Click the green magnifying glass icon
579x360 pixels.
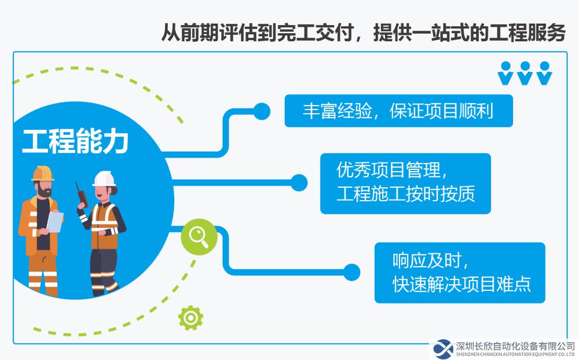coord(199,237)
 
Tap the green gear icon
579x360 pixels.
coord(190,318)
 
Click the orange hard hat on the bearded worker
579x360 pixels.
coord(42,174)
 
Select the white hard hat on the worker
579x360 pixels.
coord(104,179)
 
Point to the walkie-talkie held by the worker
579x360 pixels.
coord(82,195)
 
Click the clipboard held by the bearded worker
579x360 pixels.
coord(55,222)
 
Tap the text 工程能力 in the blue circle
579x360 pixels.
coord(75,141)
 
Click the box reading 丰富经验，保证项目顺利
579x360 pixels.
coord(398,111)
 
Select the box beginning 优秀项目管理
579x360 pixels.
coord(405,183)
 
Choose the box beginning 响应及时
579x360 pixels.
coord(460,273)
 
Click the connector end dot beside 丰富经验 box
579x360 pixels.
coord(262,111)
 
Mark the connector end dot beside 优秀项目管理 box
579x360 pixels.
coord(299,183)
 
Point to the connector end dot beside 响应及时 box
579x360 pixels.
coord(352,273)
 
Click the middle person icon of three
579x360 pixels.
coord(525,73)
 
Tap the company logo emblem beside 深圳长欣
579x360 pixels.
coord(443,349)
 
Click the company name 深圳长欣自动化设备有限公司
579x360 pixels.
coord(515,347)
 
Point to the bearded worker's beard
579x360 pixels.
coord(44,192)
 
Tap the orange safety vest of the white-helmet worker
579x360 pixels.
coord(104,225)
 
